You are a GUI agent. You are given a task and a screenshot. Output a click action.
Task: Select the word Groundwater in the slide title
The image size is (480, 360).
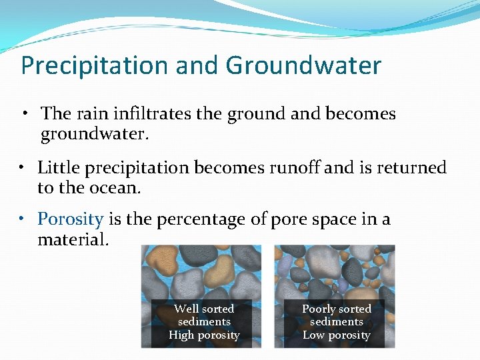point(303,66)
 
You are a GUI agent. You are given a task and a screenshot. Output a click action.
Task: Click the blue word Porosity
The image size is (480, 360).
point(70,219)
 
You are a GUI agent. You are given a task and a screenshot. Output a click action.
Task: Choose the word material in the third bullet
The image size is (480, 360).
point(71,239)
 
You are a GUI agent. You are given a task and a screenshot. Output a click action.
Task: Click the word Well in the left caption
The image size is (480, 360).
point(186,309)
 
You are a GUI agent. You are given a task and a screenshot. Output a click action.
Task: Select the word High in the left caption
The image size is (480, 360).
point(182,335)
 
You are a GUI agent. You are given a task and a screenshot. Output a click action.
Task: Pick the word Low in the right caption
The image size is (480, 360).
point(314,335)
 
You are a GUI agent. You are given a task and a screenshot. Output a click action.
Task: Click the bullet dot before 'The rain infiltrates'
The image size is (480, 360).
point(25,114)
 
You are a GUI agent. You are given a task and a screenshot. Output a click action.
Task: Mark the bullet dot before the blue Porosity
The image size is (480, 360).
point(22,219)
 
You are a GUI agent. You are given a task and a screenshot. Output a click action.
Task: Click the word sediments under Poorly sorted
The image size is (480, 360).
point(337,322)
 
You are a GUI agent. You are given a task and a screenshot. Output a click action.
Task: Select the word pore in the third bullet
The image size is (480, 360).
point(288,219)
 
